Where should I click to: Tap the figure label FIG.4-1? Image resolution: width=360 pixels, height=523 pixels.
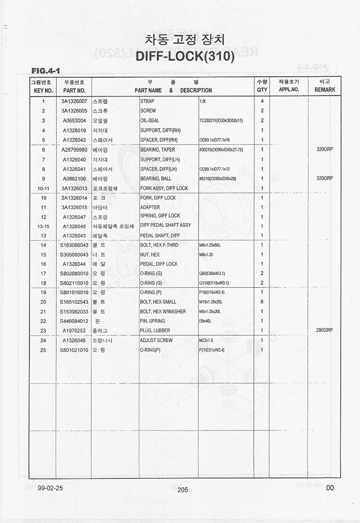tap(45, 71)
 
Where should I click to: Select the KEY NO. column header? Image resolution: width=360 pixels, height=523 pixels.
tap(43, 90)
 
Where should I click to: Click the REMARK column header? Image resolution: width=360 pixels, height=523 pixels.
tap(325, 90)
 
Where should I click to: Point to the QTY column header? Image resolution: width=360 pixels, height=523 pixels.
tap(262, 90)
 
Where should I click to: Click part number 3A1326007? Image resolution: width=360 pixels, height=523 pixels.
tap(74, 101)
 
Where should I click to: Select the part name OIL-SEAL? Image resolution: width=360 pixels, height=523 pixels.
tap(149, 121)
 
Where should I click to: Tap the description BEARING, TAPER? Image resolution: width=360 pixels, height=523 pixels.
tap(157, 150)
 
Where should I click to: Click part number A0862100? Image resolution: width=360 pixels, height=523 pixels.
tap(74, 179)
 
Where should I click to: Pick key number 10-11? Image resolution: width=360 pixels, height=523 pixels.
tap(43, 188)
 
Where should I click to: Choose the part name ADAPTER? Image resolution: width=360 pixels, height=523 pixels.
tap(150, 207)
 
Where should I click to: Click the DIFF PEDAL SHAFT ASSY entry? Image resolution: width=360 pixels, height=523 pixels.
tap(165, 225)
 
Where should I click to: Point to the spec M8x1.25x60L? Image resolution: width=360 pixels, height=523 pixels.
tap(210, 245)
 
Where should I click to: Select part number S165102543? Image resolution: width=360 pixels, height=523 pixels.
tap(74, 302)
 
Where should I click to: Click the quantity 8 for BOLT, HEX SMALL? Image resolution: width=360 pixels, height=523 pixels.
tap(262, 302)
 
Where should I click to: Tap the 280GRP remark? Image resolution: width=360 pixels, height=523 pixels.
tap(324, 330)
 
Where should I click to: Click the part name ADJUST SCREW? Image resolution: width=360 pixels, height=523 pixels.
tap(156, 341)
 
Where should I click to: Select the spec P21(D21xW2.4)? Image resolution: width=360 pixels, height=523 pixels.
tap(211, 350)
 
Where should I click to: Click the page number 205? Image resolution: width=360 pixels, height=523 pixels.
tap(183, 490)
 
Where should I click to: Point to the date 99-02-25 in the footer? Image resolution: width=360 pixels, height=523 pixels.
tap(50, 488)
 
